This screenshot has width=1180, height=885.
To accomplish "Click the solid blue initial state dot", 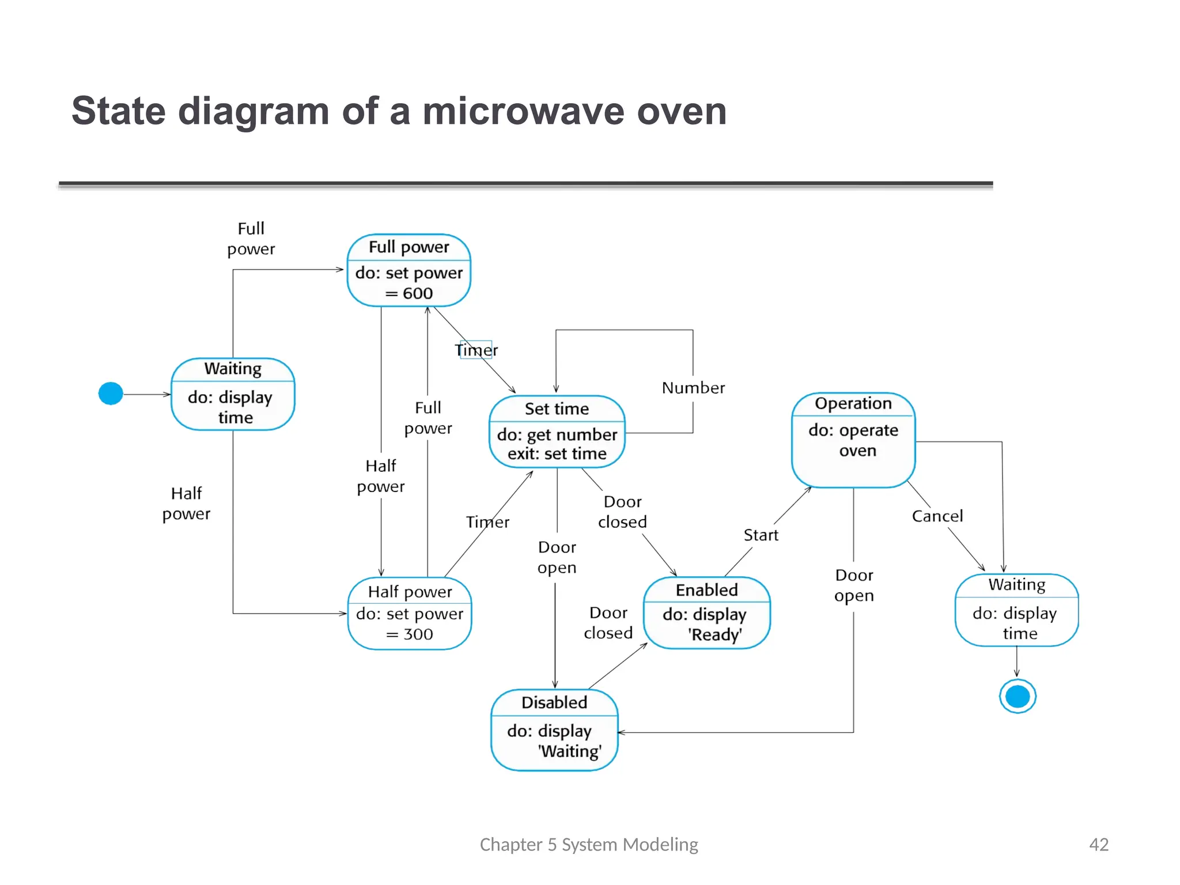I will point(111,394).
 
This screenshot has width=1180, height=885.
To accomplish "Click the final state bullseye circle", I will point(1018,697).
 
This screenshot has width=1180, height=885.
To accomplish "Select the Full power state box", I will point(409,270).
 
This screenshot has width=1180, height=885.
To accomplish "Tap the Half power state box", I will point(410,614).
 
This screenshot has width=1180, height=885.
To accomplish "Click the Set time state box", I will point(557,432).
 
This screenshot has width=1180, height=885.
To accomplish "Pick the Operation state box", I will point(853,440).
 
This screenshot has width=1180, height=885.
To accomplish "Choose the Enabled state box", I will point(706,612).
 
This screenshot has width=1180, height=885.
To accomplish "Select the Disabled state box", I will point(554,729).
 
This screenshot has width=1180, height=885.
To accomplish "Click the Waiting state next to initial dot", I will point(233,394).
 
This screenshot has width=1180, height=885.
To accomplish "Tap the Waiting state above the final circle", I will point(1017,610).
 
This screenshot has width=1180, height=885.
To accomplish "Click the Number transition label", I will point(693,388).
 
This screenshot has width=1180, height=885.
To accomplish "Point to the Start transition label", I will point(761,535).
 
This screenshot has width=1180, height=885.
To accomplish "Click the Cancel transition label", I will point(937,516).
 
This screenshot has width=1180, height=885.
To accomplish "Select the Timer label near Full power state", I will point(476,350).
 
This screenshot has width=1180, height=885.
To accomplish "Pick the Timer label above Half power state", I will point(487,522).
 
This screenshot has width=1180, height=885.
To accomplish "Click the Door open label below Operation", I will point(854,585).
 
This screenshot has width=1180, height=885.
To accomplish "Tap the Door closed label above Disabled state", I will point(608,622).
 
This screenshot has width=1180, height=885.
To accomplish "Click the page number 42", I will point(1098,844).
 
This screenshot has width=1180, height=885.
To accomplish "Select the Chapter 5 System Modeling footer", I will point(589,844).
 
